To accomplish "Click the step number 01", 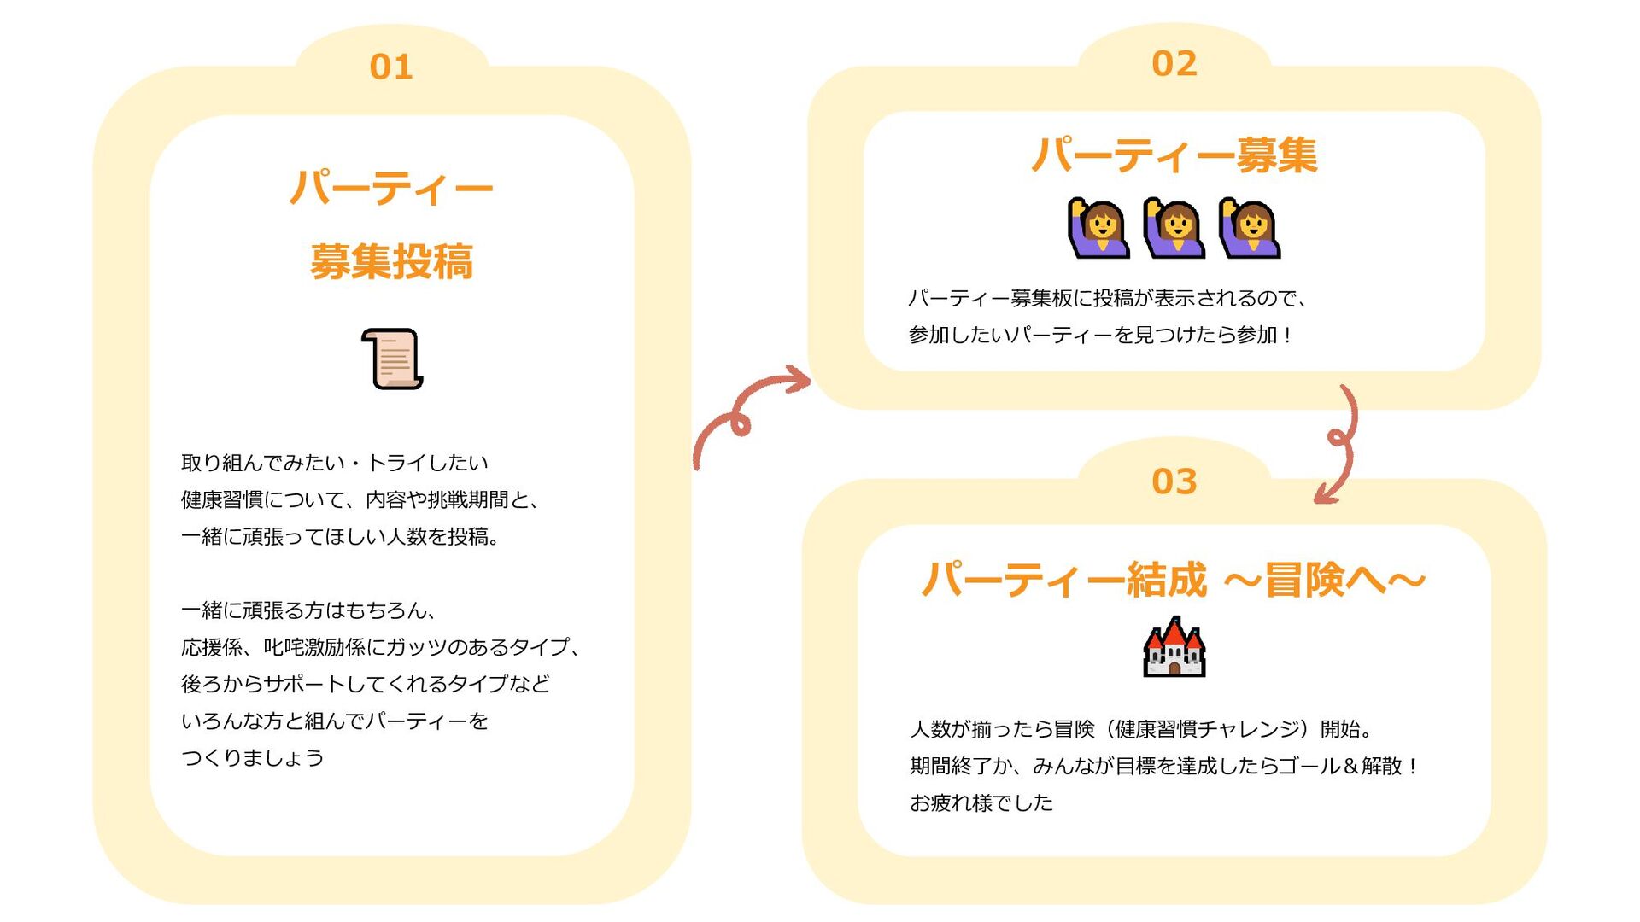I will coord(391,67).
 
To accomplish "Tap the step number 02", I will coord(1174,63).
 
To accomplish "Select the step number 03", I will coord(1174,481).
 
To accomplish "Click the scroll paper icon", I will coord(392,359).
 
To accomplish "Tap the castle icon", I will coord(1174,647).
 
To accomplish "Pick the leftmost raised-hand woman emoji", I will coord(1098,228).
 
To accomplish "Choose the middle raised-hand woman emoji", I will coord(1174,228).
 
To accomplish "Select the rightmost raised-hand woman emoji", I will coord(1250,228).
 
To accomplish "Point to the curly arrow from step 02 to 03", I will coord(1339,444).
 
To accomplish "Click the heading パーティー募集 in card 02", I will coord(1174,155).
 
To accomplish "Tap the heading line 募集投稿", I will coord(391,261).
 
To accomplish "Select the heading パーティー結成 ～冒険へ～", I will coord(1174,580).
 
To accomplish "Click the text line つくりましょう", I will coord(253,758).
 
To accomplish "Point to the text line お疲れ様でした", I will coord(981,802).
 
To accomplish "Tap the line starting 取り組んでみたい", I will coord(334,463).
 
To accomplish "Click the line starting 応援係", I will coord(382,647).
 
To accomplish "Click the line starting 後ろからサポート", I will coord(366,684).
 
